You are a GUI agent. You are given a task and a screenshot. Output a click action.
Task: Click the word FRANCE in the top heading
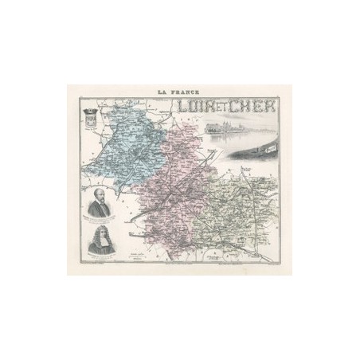(x=183, y=92)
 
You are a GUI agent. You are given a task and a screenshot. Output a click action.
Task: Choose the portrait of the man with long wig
(x=97, y=242)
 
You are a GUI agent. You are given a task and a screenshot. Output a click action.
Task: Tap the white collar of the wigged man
(x=98, y=249)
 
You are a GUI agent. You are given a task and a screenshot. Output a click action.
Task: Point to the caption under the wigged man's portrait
(x=98, y=260)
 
